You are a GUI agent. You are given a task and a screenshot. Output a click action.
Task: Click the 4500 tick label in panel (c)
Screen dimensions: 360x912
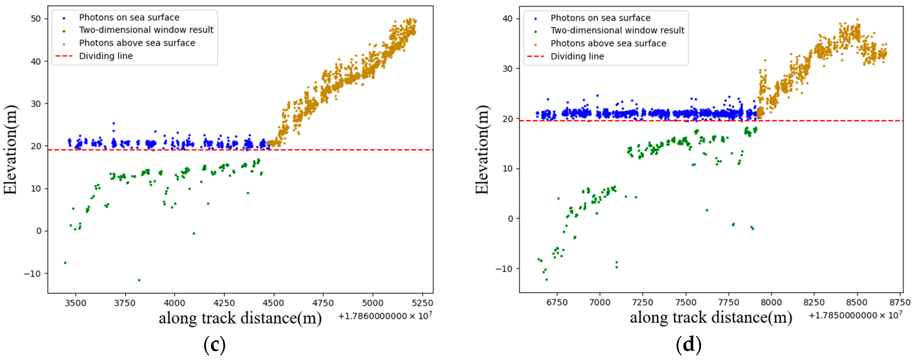click(273, 303)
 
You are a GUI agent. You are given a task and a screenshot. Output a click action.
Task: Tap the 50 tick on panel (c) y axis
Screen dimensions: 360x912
click(36, 19)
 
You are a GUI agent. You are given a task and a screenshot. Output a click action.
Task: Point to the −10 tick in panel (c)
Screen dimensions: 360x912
click(33, 274)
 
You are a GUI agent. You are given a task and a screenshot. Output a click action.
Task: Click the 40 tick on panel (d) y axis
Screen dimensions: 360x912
click(507, 19)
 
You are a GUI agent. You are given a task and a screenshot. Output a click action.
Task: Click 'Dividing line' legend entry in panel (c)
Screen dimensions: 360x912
click(106, 56)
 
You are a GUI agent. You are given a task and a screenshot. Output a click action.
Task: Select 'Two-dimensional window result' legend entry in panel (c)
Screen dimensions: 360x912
click(146, 30)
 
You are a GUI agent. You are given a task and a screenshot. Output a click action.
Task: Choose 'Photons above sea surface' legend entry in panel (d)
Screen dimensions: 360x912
click(608, 44)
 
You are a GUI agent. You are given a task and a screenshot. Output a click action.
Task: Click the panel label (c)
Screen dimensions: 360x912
click(214, 344)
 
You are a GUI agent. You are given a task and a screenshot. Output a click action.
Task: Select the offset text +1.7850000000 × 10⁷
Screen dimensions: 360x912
click(855, 315)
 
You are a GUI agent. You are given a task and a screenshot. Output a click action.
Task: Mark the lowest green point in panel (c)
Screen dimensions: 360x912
click(139, 280)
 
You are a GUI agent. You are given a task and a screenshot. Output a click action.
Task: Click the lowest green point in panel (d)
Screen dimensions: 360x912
click(546, 280)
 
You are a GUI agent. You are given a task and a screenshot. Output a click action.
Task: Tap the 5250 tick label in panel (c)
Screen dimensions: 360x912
click(422, 303)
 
